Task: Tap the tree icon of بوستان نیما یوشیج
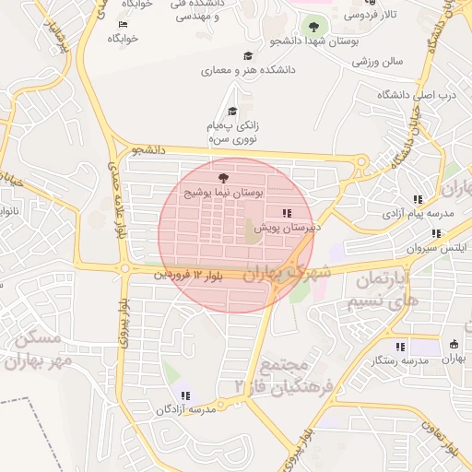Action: click(221, 176)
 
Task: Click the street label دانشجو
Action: click(147, 148)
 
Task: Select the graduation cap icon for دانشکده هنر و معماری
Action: click(247, 56)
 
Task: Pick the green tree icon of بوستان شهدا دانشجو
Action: click(313, 27)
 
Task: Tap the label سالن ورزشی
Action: click(378, 62)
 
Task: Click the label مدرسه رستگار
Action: click(403, 360)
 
